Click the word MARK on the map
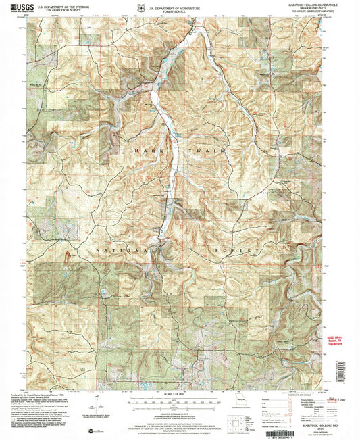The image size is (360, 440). (x=146, y=151)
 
